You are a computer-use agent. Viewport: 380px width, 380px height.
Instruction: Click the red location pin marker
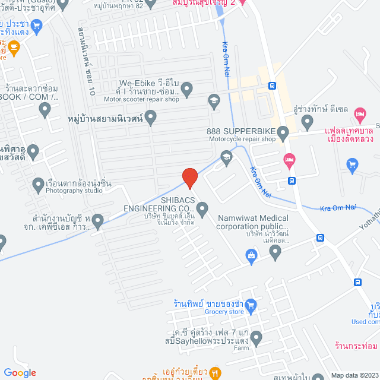[189, 178]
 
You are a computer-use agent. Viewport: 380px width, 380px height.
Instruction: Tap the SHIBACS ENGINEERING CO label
[159, 204]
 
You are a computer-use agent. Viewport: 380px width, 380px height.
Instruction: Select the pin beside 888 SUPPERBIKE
[283, 135]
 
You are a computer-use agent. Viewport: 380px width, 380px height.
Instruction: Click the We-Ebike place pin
[187, 90]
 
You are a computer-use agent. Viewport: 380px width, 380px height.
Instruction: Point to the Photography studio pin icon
[39, 183]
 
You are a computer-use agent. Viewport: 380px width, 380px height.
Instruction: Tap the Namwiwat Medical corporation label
[252, 222]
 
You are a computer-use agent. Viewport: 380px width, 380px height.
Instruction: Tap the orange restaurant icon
[216, 373]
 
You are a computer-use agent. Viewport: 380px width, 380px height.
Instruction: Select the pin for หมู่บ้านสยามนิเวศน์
[151, 119]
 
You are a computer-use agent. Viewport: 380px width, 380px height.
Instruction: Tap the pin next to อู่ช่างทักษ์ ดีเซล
[307, 122]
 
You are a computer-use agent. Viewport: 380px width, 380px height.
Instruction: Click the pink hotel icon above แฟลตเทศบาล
[359, 113]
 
